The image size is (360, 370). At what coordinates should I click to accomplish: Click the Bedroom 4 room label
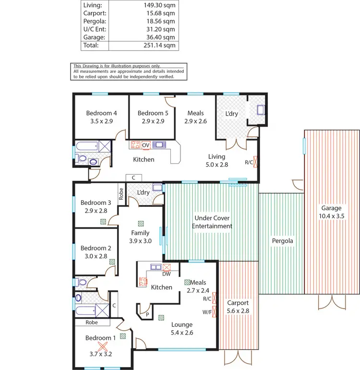(101, 113)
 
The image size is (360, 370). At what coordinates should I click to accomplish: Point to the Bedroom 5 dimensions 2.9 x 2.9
(152, 121)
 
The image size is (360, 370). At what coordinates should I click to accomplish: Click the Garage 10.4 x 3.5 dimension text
(331, 216)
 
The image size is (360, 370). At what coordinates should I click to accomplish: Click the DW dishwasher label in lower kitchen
(167, 275)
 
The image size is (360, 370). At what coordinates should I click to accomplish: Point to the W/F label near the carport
(207, 312)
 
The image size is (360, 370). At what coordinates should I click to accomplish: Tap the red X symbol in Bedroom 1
(102, 346)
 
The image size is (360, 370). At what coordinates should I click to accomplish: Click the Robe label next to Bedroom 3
(122, 193)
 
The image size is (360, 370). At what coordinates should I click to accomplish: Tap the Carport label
(238, 303)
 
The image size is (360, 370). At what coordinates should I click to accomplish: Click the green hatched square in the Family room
(141, 223)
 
